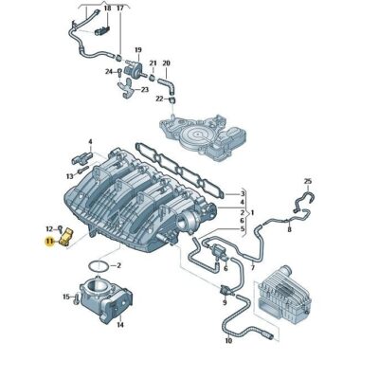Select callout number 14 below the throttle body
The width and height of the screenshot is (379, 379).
click(119, 324)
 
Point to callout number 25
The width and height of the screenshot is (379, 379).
click(307, 180)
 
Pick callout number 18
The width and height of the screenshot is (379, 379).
click(107, 9)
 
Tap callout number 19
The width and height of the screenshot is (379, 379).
click(137, 49)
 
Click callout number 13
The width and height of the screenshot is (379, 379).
click(70, 176)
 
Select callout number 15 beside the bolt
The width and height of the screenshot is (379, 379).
click(65, 297)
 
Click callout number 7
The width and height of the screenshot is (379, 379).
click(253, 268)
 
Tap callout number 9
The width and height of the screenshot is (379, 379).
click(224, 303)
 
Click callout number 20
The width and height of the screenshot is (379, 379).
click(166, 64)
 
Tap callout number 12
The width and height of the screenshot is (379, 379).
click(48, 227)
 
